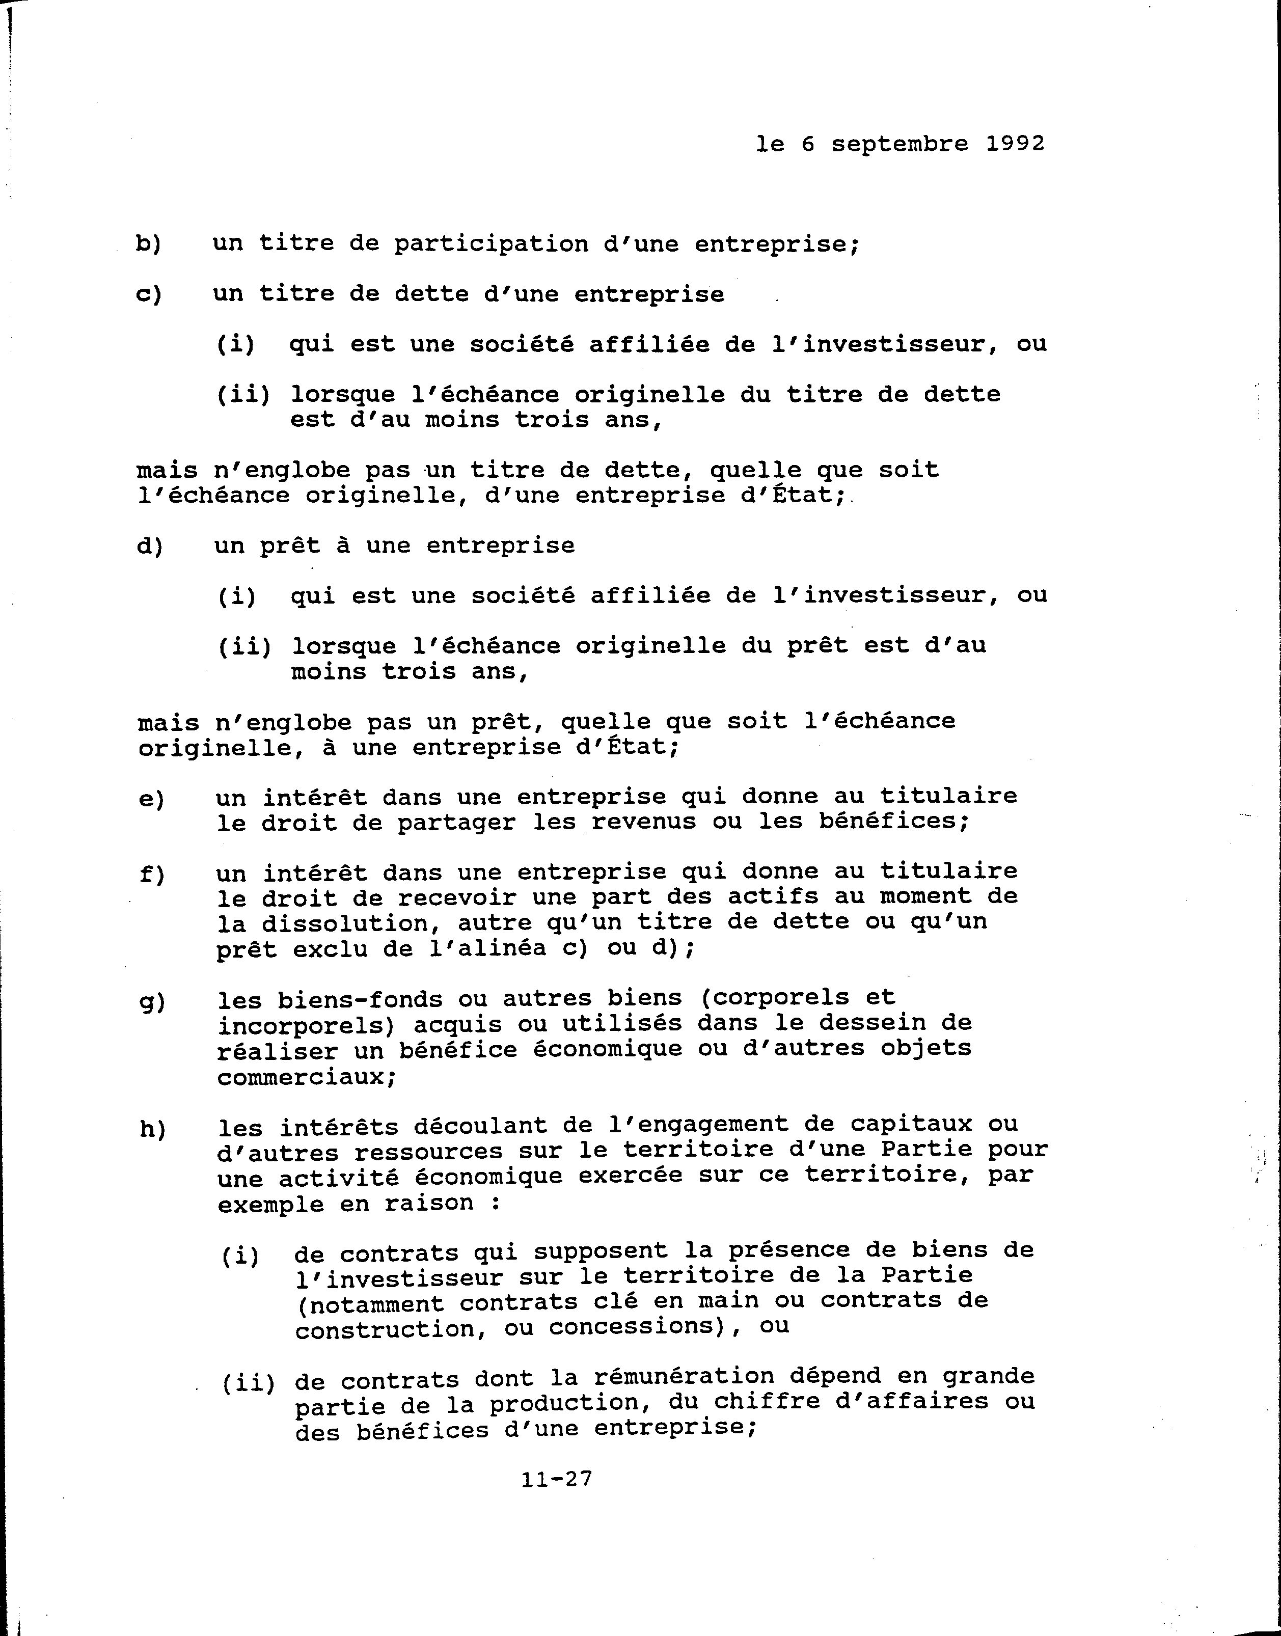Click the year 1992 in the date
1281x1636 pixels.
1015,143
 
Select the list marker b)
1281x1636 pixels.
149,244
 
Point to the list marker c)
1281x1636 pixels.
149,295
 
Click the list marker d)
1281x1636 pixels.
149,546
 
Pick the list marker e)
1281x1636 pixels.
151,799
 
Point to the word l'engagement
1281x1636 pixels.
697,1125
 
